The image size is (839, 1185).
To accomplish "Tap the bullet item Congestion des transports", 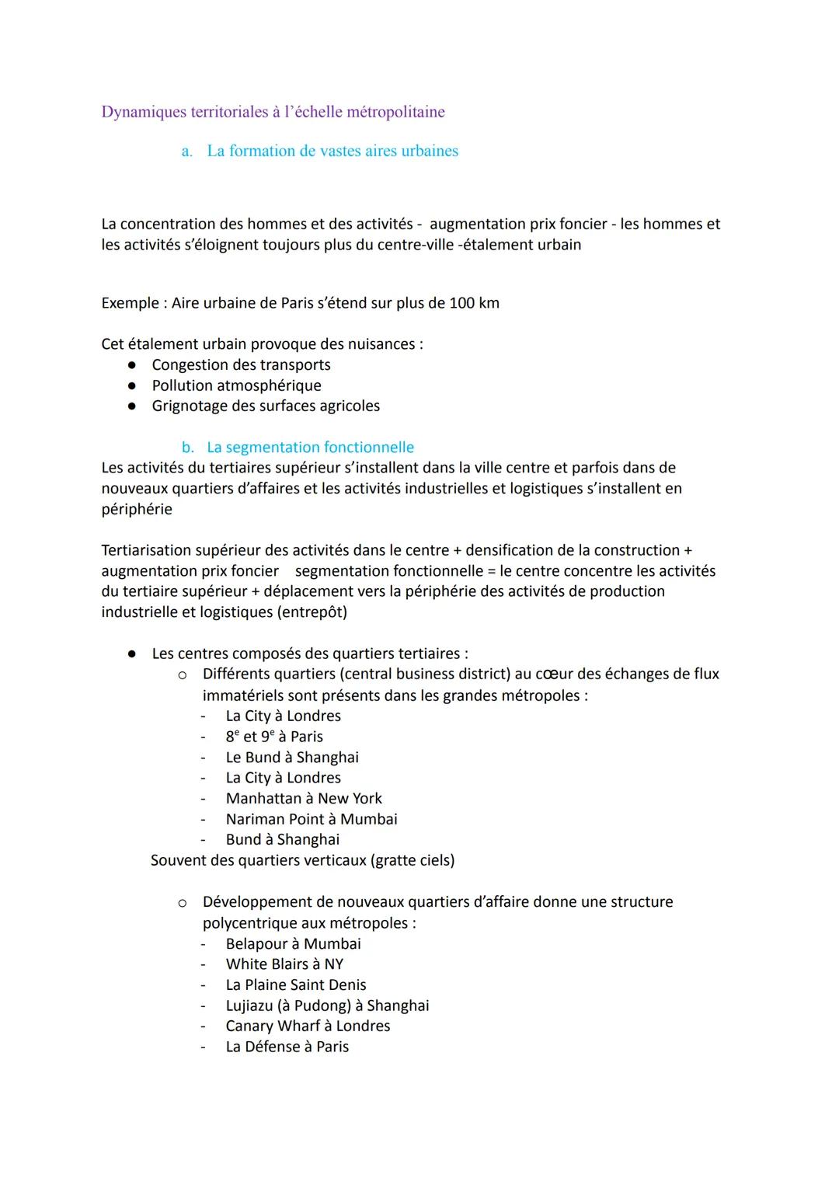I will [241, 365].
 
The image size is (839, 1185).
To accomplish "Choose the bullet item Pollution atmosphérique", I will [236, 385].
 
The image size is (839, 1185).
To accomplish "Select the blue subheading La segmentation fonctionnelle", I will [310, 448].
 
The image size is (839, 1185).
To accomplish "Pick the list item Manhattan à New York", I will [304, 798].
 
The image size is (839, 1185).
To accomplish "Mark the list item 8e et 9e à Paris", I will [274, 737].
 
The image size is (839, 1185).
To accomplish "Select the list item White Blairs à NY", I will [284, 964].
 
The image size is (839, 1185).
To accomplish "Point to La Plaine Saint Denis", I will [296, 985].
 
